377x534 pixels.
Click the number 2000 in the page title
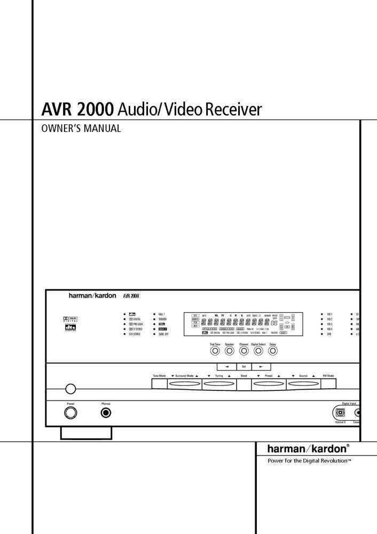94,109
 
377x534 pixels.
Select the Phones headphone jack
106,412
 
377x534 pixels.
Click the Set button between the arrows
244,367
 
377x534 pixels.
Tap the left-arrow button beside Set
226,367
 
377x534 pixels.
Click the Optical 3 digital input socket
340,412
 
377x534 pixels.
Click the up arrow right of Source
314,376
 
